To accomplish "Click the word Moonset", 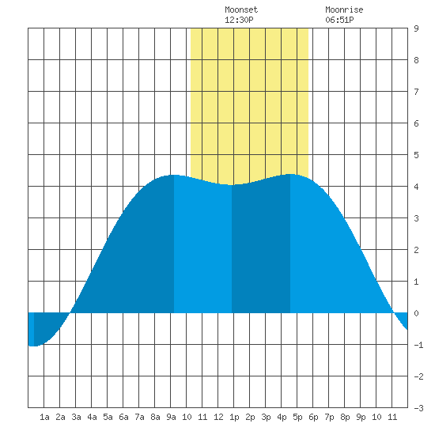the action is [x=241, y=9].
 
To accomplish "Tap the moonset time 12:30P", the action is [x=239, y=20].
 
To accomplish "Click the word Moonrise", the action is [x=344, y=9].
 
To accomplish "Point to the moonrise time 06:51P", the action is [x=339, y=20].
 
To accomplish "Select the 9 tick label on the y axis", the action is [x=416, y=28].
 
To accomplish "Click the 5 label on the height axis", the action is [x=416, y=155].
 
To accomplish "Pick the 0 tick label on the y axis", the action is [x=416, y=313].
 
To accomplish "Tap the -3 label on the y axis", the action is [x=418, y=408].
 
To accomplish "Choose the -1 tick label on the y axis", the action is [x=418, y=345].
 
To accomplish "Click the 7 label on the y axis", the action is [x=416, y=92].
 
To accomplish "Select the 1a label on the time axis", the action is [x=44, y=417].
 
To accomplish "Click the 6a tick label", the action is [x=123, y=417].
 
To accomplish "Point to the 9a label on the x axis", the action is [x=171, y=417].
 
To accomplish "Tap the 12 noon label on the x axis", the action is [x=218, y=417].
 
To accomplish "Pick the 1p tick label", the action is [x=234, y=417].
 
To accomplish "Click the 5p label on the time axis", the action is [x=297, y=417].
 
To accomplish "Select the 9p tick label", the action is [x=361, y=417].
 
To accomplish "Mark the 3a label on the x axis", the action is [x=76, y=417].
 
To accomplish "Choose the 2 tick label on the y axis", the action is [x=416, y=250].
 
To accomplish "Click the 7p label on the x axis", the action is [x=329, y=417].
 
